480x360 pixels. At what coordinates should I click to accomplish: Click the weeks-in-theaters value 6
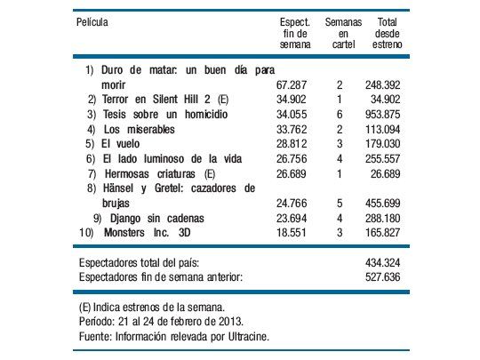tap(340, 113)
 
